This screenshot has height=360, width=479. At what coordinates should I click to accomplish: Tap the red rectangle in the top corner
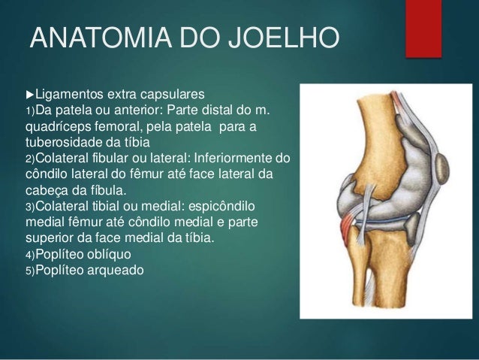[x=423, y=28]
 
